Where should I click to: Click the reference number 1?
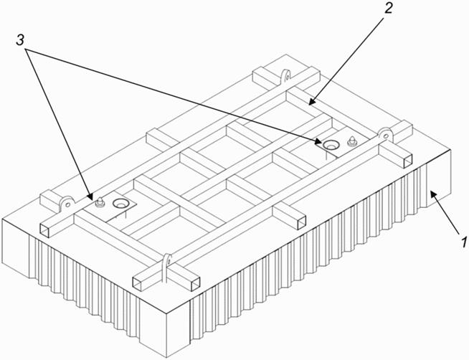(x=463, y=242)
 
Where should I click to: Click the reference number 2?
(x=388, y=9)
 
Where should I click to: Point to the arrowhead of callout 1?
(x=433, y=194)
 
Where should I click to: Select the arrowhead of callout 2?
(x=311, y=103)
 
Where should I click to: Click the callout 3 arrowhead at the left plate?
(x=90, y=196)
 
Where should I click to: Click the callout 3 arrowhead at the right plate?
(x=318, y=141)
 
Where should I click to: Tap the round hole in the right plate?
(x=332, y=144)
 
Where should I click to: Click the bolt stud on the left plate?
(x=99, y=202)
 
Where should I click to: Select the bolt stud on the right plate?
(x=351, y=141)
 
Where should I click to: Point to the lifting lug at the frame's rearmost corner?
(x=285, y=75)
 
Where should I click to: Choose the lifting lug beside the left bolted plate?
(x=66, y=204)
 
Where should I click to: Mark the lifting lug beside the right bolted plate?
(x=385, y=135)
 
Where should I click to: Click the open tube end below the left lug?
(x=48, y=231)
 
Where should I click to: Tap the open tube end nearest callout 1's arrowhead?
(x=408, y=162)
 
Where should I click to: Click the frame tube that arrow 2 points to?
(x=333, y=113)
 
